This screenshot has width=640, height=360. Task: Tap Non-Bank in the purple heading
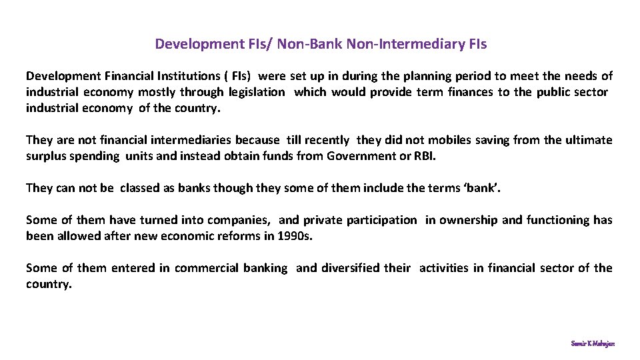pos(309,45)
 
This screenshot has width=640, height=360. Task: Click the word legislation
pos(257,93)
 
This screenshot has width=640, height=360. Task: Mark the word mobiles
pos(449,141)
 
